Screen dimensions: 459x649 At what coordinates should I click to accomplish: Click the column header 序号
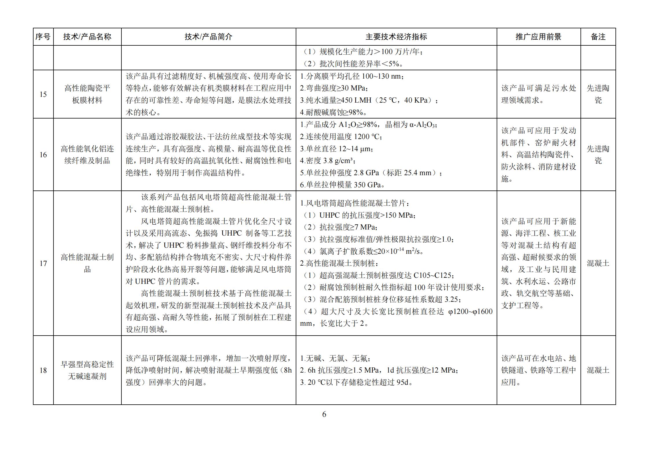[x=43, y=37]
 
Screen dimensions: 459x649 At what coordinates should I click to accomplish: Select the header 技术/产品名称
[x=87, y=37]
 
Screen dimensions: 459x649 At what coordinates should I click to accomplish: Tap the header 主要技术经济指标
[x=396, y=37]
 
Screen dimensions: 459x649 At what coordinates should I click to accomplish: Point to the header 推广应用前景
[x=538, y=37]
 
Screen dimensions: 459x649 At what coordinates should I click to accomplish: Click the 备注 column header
[x=598, y=37]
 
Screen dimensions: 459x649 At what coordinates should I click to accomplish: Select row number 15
[x=43, y=94]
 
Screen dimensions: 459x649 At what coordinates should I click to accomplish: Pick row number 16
[x=43, y=155]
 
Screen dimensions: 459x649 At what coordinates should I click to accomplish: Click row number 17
[x=43, y=263]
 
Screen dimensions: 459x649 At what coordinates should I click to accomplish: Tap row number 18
[x=43, y=370]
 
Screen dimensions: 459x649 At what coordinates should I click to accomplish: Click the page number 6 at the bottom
[x=324, y=414]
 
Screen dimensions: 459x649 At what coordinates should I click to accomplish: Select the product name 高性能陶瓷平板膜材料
[x=87, y=94]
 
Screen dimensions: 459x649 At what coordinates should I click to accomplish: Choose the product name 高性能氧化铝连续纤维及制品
[x=87, y=155]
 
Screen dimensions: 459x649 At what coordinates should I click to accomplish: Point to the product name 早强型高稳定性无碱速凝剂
[x=87, y=370]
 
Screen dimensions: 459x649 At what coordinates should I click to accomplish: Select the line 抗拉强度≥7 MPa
[x=340, y=227]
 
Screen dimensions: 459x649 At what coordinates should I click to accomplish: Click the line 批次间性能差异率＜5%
[x=353, y=64]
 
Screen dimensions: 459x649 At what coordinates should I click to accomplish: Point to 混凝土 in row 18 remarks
[x=598, y=370]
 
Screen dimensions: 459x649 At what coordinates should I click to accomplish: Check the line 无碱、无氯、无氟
[x=335, y=358]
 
